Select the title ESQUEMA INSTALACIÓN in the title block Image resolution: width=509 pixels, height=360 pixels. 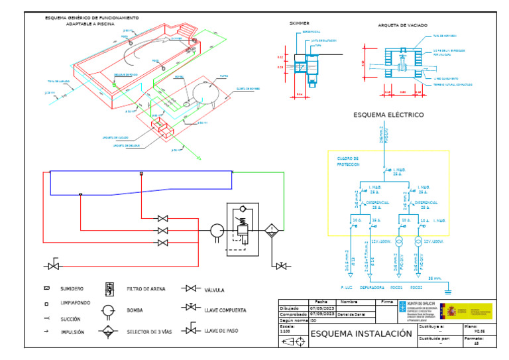click(361, 333)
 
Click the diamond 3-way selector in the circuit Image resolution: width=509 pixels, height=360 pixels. click(271, 231)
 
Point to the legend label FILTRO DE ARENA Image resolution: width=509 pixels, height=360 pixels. click(146, 289)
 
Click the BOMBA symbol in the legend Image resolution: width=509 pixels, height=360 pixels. click(108, 310)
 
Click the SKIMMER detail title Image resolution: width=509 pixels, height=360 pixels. click(300, 23)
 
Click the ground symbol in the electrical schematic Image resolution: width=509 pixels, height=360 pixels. click(447, 289)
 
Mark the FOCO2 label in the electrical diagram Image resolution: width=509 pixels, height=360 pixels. click(416, 288)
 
